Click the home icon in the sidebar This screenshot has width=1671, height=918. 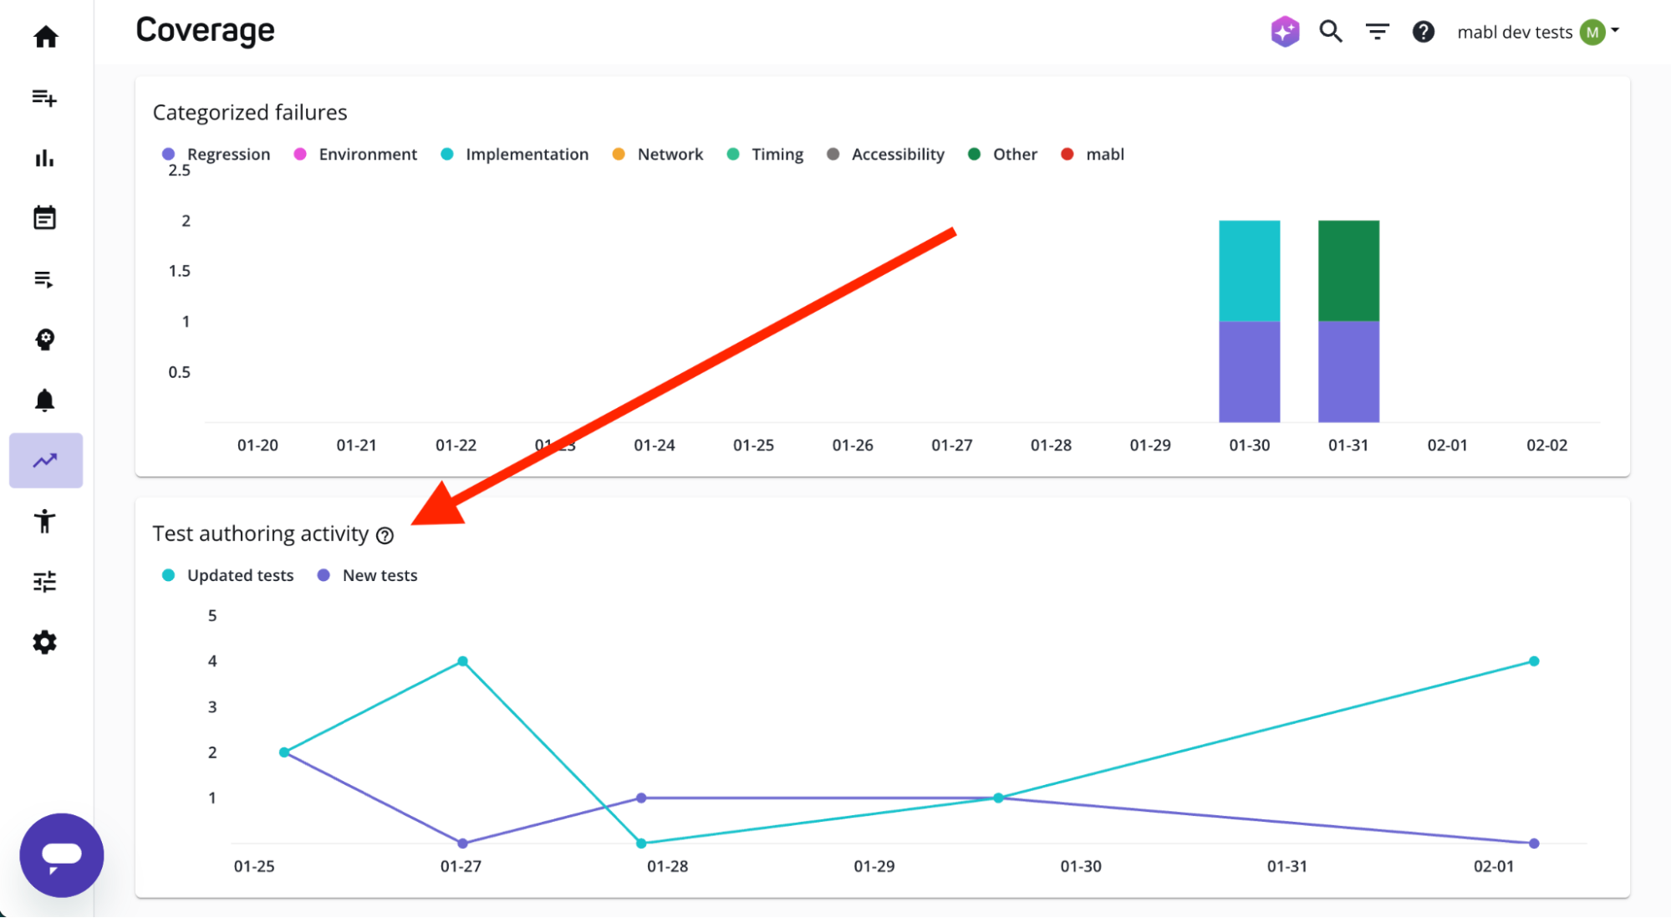tap(46, 37)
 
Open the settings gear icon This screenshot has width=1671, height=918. tap(45, 642)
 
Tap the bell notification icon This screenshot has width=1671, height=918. tap(45, 400)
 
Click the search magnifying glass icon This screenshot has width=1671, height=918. tap(1331, 32)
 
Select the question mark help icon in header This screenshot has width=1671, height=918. tap(1423, 32)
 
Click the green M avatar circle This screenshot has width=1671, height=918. tap(1592, 33)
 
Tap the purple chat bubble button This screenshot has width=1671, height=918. tap(62, 854)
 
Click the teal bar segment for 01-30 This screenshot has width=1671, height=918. tap(1249, 271)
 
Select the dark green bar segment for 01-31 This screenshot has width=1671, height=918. tap(1348, 271)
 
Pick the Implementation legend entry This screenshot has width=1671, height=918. tap(526, 155)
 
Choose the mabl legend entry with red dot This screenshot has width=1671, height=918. tap(1103, 155)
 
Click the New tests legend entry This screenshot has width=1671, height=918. tap(379, 575)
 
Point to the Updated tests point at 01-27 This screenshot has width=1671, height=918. tap(462, 661)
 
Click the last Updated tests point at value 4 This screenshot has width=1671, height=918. tap(1534, 661)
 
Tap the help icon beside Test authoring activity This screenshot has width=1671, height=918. tap(385, 536)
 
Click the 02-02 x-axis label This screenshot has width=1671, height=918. tap(1546, 446)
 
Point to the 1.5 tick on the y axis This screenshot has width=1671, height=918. tap(180, 271)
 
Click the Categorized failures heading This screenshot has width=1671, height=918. tap(250, 113)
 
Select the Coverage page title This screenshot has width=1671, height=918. tap(206, 31)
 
